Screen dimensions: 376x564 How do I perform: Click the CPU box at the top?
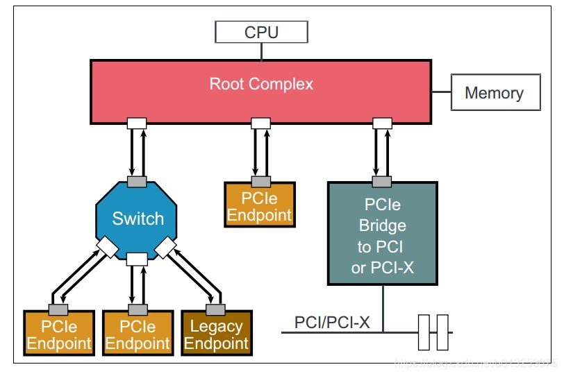[261, 32]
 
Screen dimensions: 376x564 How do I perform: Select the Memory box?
[495, 93]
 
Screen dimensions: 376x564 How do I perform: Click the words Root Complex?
[261, 85]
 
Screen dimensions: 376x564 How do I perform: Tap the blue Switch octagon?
[138, 219]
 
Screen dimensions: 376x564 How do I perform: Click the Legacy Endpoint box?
[217, 334]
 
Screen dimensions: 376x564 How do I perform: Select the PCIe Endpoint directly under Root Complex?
[260, 206]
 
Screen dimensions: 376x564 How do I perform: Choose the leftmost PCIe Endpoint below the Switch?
[58, 334]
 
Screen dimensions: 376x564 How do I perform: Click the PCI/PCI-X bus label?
[332, 323]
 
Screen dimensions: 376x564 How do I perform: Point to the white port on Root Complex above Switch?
[137, 123]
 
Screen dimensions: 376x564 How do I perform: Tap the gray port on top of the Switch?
[138, 182]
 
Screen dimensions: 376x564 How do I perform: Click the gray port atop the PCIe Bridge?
[382, 182]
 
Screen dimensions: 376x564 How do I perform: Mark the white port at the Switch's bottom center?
[138, 259]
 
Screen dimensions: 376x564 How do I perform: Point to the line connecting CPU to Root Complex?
[261, 51]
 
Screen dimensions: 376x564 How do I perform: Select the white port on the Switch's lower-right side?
[167, 247]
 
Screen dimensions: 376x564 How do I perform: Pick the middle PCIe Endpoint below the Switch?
[138, 334]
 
